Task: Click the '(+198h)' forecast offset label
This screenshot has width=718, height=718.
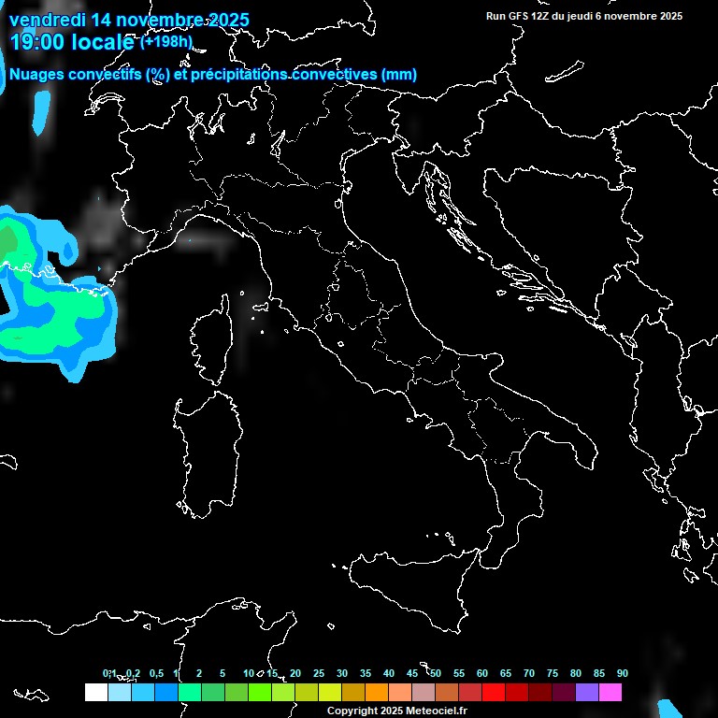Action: click(x=165, y=41)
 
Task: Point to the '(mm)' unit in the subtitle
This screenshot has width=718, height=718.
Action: click(x=398, y=75)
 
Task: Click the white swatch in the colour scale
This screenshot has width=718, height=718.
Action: click(x=95, y=693)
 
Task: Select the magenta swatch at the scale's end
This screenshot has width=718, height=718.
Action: click(x=610, y=693)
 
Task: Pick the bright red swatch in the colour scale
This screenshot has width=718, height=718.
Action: click(x=494, y=693)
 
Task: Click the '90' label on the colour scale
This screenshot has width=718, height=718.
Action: click(x=623, y=674)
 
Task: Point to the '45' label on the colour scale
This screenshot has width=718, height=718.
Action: click(x=412, y=674)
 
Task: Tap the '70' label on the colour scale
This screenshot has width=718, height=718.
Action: click(x=529, y=674)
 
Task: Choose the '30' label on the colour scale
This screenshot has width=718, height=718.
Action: click(x=342, y=674)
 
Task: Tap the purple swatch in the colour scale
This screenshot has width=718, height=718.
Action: click(x=587, y=693)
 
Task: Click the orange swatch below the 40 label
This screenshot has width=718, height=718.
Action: click(x=377, y=693)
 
